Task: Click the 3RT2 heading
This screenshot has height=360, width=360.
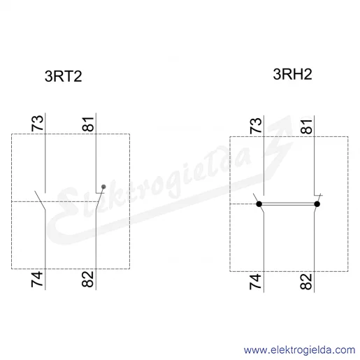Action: point(63,76)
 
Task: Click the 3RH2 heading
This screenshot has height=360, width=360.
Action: point(292,74)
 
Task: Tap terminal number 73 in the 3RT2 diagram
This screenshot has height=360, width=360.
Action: point(37,123)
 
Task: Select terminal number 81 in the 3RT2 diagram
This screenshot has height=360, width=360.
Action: point(88,124)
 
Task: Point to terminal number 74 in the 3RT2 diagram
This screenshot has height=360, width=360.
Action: point(37,279)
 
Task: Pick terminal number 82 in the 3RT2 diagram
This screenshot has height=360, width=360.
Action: point(88,279)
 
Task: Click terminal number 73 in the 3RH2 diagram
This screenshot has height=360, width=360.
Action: point(256,126)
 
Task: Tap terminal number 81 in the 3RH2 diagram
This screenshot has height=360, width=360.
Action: point(306,127)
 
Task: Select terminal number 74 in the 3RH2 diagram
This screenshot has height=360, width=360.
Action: point(256,282)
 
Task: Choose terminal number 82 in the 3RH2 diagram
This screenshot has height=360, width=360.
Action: point(306,282)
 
